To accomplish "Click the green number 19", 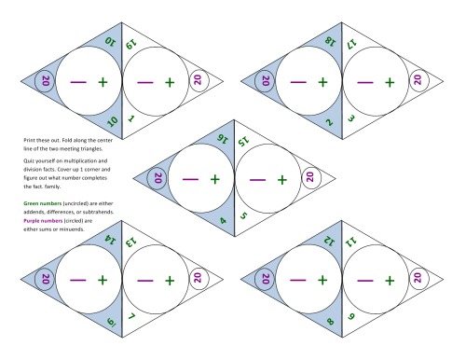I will pos(130,41).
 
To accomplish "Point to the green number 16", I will pos(222,140).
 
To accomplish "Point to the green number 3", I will pos(351,119).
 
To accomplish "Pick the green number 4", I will pos(222,220).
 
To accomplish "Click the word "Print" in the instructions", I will pos(29,138).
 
